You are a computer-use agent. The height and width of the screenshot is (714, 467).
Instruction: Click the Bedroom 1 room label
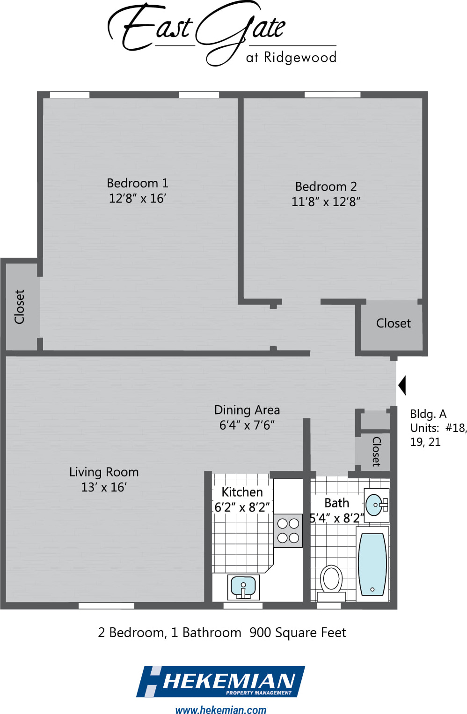[137, 183]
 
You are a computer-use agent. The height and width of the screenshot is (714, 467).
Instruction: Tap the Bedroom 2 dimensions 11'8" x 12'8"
[326, 202]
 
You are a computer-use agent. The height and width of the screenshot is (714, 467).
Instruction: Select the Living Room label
[104, 472]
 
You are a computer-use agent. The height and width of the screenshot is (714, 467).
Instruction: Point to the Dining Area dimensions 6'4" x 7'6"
[247, 425]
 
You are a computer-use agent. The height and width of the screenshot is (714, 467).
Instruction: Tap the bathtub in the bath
[372, 564]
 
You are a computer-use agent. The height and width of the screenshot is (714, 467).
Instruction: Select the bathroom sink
[376, 505]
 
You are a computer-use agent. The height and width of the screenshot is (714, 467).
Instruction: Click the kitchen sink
[243, 587]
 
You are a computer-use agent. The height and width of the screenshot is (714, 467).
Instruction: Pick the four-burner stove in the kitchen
[288, 531]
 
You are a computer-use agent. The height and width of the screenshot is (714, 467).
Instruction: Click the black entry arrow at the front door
[402, 386]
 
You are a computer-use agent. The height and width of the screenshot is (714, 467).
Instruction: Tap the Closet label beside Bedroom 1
[19, 307]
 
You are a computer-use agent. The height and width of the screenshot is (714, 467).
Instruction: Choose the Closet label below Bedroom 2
[394, 323]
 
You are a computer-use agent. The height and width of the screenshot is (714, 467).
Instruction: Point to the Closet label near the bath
[376, 452]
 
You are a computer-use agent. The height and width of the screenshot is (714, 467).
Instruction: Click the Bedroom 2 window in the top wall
[332, 95]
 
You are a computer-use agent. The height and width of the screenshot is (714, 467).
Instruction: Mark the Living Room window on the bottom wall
[106, 606]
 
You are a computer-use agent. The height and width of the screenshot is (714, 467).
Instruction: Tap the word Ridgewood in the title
[300, 58]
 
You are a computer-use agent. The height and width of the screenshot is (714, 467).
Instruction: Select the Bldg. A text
[428, 414]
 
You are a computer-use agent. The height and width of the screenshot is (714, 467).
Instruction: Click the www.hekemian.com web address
[220, 709]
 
